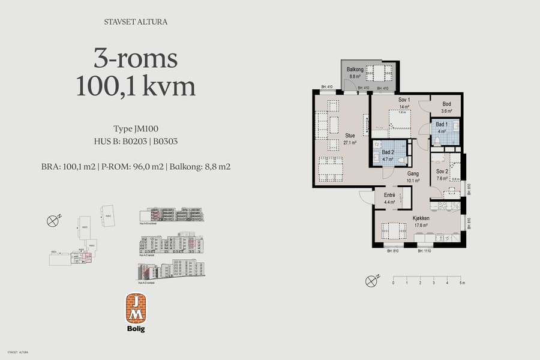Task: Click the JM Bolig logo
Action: (x=135, y=311)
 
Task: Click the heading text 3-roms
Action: (x=136, y=59)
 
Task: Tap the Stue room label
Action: (x=350, y=136)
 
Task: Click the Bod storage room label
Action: (x=446, y=104)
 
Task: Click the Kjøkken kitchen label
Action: (x=421, y=218)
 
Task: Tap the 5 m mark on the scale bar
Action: (x=462, y=282)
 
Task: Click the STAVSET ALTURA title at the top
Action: (x=136, y=23)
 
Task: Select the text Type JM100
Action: (x=136, y=129)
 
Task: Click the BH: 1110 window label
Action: (x=425, y=251)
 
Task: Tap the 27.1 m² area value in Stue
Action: (x=350, y=143)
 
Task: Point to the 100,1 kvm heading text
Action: (x=136, y=86)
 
